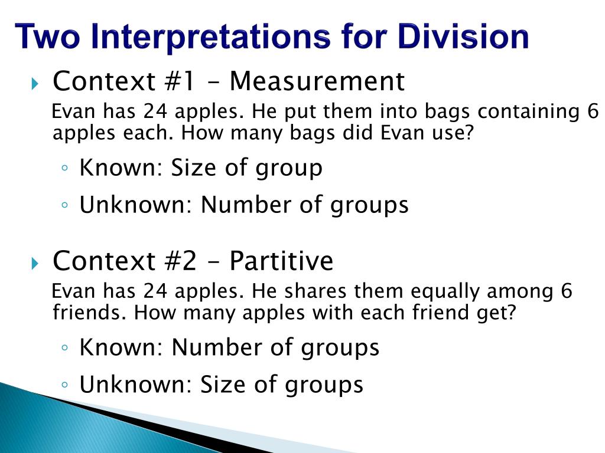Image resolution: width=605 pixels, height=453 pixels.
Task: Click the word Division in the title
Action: click(463, 37)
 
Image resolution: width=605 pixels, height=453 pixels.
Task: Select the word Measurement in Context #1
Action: click(317, 81)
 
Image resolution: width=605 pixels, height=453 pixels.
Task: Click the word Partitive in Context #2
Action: click(281, 261)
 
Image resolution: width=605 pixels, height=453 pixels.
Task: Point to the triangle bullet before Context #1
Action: click(34, 83)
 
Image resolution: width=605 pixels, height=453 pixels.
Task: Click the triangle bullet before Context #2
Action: click(34, 262)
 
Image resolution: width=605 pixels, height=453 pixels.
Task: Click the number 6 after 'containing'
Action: click(593, 111)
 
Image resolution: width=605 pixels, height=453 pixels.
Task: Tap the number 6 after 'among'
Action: click(567, 291)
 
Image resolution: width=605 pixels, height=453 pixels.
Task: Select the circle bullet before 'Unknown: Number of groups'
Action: click(64, 205)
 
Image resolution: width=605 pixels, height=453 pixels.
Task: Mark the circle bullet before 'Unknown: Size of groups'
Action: click(64, 385)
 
